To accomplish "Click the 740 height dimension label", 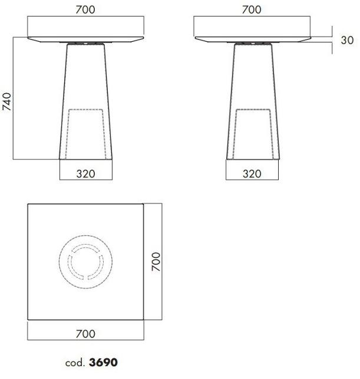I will click(6, 100).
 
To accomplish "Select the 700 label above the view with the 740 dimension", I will click(86, 9).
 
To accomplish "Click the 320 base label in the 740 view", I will click(86, 174).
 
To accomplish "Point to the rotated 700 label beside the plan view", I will click(156, 262).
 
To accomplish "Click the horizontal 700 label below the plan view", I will click(86, 334).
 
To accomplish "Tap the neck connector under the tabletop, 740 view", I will click(86, 44).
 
